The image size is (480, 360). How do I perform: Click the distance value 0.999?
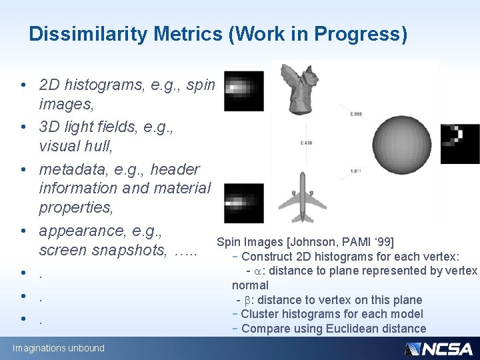point(356,114)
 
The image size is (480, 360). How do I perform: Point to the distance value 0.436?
point(306,143)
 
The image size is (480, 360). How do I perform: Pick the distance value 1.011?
point(356,172)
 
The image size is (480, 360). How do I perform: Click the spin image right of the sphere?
point(459,143)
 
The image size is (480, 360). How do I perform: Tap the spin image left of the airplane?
point(243,203)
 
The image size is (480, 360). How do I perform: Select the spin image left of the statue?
point(243,91)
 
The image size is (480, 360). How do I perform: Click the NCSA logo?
point(439,348)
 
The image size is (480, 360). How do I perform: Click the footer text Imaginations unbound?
point(59,348)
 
